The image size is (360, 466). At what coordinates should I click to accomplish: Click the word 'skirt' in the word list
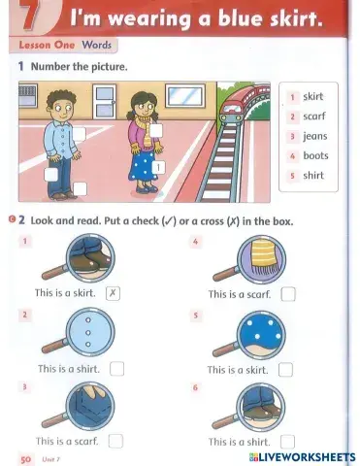[x=312, y=97]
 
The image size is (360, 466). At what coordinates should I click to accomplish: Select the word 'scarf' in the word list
[x=312, y=116]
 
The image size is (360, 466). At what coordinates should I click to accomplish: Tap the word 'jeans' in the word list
[x=314, y=136]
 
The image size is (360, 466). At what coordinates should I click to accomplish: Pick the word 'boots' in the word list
[x=315, y=155]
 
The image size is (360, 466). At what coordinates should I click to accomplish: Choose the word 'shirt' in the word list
[x=312, y=176]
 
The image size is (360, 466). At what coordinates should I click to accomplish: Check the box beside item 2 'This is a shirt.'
[x=116, y=368]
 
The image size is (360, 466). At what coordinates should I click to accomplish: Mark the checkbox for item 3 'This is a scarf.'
[x=115, y=440]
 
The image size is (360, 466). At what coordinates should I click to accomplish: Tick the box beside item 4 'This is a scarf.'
[x=287, y=294]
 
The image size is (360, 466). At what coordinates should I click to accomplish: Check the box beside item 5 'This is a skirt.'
[x=285, y=369]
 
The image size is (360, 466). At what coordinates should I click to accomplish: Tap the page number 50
[x=25, y=456]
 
